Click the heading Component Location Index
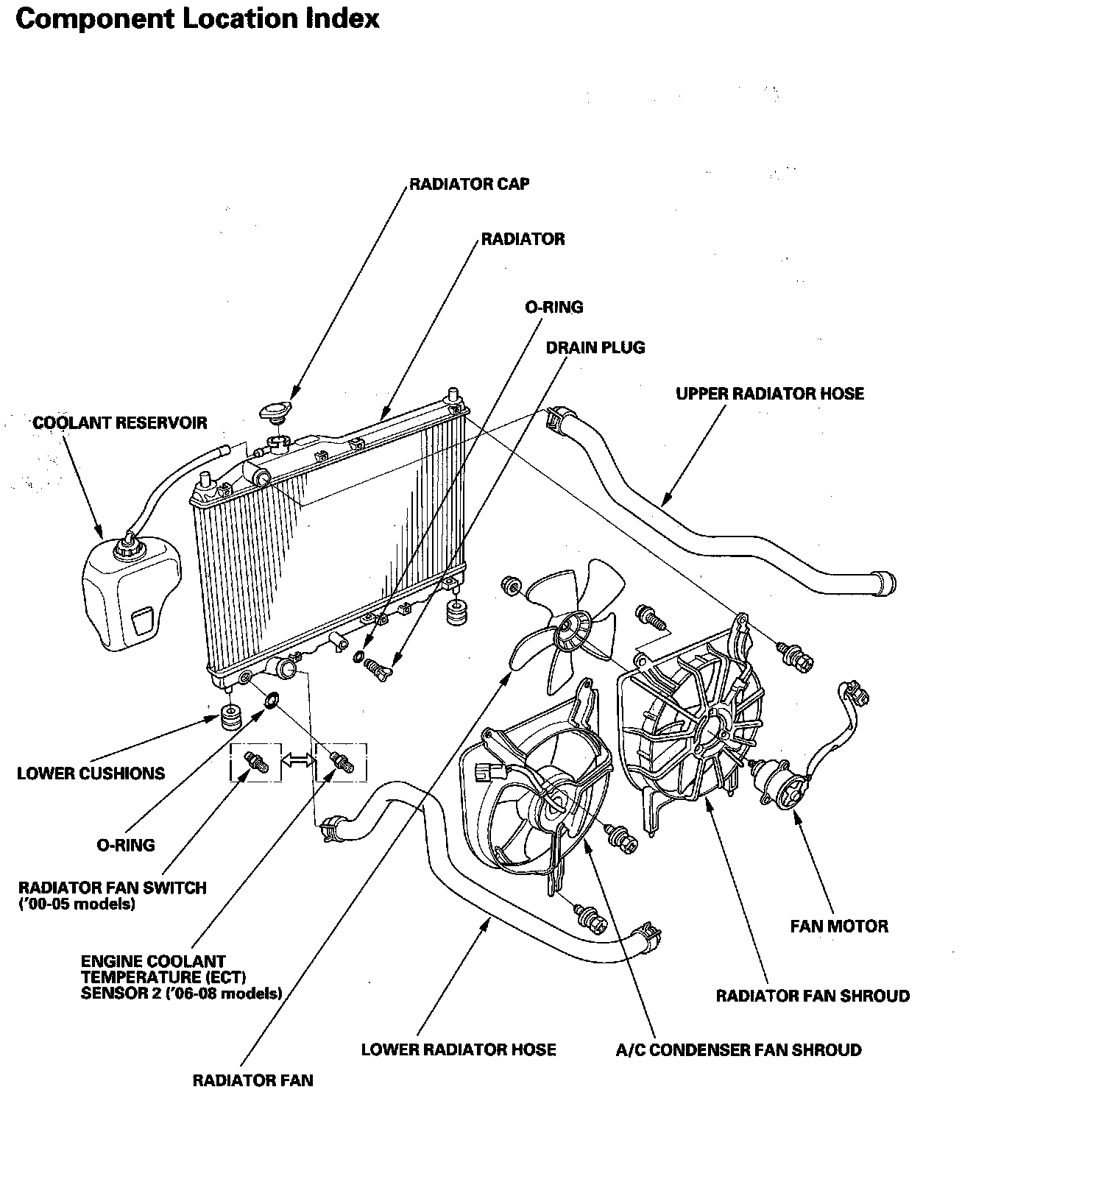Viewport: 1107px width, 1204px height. (x=197, y=19)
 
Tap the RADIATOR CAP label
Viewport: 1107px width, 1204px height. (x=469, y=184)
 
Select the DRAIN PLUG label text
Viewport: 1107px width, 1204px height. (x=595, y=347)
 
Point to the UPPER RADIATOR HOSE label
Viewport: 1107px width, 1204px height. (x=769, y=394)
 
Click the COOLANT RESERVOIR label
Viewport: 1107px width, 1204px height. (x=120, y=423)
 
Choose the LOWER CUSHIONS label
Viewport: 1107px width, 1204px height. (x=91, y=773)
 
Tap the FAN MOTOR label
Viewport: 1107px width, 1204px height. (x=838, y=926)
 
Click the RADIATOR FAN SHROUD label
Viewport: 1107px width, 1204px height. (x=813, y=996)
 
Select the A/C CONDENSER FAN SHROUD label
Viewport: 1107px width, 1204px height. (x=738, y=1050)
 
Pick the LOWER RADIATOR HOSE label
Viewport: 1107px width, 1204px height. (x=458, y=1050)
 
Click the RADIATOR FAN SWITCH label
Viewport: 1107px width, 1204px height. (x=113, y=888)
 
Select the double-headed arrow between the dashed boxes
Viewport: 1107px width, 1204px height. (x=298, y=762)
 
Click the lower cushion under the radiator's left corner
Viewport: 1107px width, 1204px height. (x=232, y=715)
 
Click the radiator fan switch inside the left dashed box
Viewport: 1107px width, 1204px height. (x=257, y=763)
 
